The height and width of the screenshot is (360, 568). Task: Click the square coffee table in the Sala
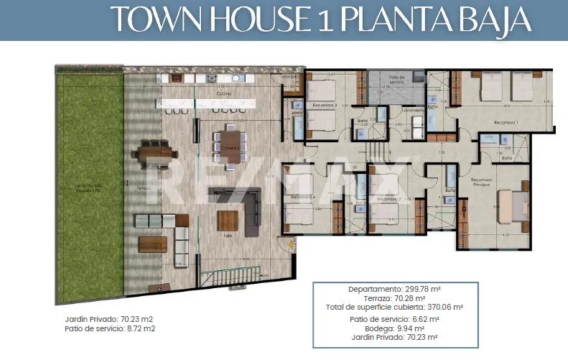pyautogui.click(x=228, y=220)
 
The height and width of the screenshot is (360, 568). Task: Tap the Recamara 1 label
pyautogui.click(x=506, y=123)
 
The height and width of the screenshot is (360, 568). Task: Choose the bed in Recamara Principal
pyautogui.click(x=513, y=206)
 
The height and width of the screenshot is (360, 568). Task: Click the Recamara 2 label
pyautogui.click(x=388, y=198)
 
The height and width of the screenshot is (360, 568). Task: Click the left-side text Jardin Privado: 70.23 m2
pyautogui.click(x=109, y=318)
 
